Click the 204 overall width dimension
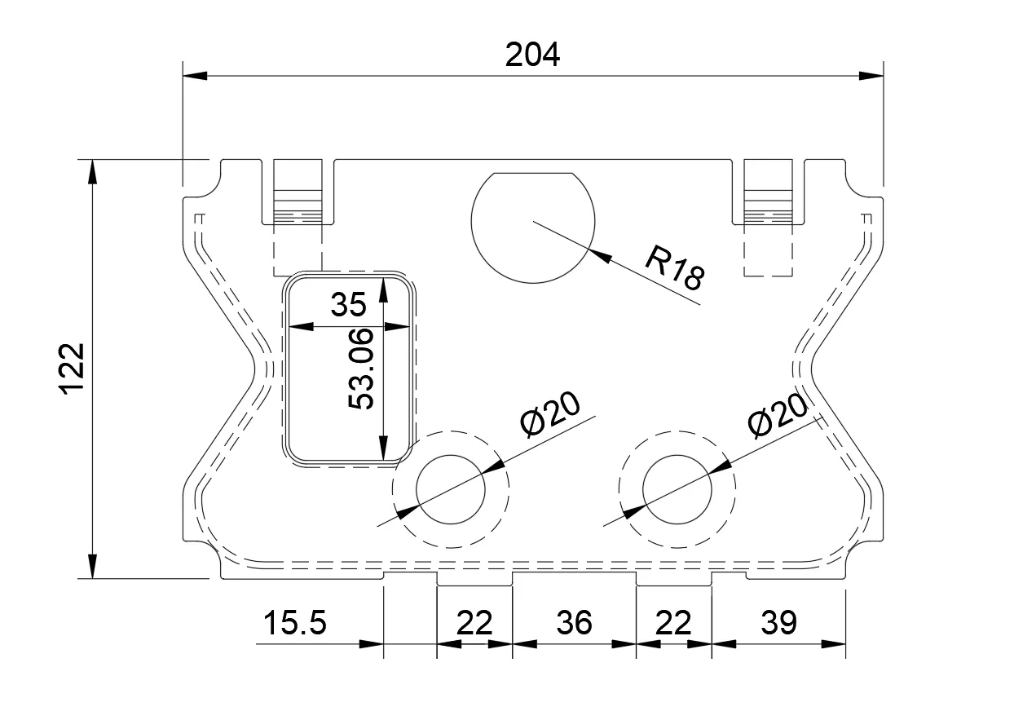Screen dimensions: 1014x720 pos(532,55)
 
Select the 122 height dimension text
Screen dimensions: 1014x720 pos(73,369)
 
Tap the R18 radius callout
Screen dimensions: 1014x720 pos(674,268)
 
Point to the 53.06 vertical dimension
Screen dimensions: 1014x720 pos(361,369)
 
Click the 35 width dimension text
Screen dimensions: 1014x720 pos(348,305)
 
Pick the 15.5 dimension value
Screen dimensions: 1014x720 pos(295,623)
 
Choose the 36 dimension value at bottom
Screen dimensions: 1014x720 pos(574,623)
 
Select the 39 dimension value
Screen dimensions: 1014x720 pos(778,623)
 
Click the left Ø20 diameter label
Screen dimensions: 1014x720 pos(550,415)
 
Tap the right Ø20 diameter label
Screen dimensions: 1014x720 pos(778,416)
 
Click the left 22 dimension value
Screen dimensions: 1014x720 pos(474,623)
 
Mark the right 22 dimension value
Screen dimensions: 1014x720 pos(673,623)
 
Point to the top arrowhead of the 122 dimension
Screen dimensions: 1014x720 pos(92,171)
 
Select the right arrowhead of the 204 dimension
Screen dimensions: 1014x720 pos(871,76)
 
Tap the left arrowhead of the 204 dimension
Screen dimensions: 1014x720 pos(195,76)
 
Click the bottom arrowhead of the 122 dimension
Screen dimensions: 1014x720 pos(92,566)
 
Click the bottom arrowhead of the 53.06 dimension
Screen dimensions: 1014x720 pos(383,448)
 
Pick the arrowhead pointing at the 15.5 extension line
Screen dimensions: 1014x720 pos(371,644)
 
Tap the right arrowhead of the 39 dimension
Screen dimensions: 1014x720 pos(833,644)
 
